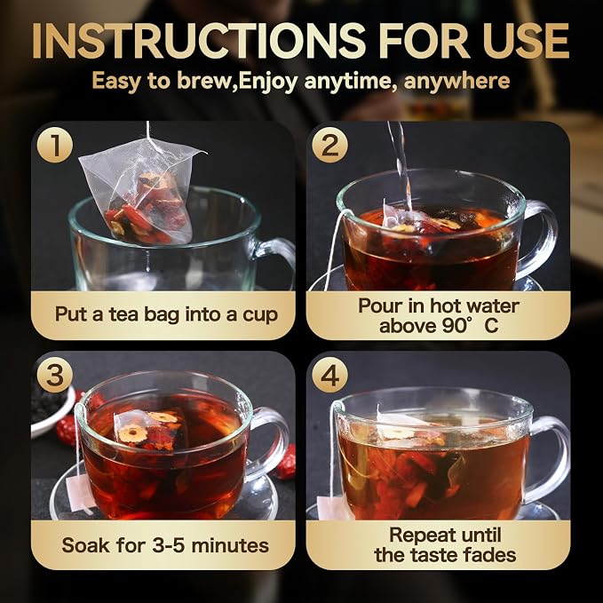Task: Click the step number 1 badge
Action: pyautogui.click(x=55, y=145)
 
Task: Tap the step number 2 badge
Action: pyautogui.click(x=329, y=145)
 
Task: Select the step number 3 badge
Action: pyautogui.click(x=55, y=375)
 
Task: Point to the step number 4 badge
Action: pyautogui.click(x=329, y=375)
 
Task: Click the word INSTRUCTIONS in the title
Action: pyautogui.click(x=199, y=41)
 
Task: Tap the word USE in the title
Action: pyautogui.click(x=526, y=41)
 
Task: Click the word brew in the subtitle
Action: pyautogui.click(x=206, y=81)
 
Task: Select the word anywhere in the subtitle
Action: pyautogui.click(x=456, y=82)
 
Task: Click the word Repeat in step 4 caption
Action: pyautogui.click(x=417, y=536)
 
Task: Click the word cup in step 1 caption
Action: pyautogui.click(x=260, y=314)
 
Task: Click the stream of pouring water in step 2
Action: pyautogui.click(x=400, y=165)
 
